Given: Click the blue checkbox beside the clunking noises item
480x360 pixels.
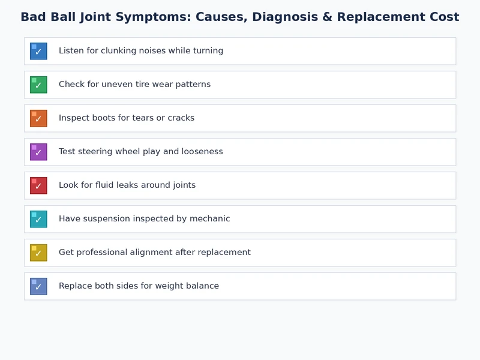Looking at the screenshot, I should (38, 51).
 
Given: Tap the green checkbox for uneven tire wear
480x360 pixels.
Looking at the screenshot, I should (38, 85).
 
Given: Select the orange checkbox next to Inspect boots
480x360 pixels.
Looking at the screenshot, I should (38, 118).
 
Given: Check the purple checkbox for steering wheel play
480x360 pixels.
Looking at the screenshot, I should (38, 152).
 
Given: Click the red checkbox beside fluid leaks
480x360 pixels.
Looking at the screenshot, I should (38, 185).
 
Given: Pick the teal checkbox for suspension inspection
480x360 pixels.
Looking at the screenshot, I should (38, 219).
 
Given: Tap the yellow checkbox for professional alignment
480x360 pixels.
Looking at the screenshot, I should (38, 253).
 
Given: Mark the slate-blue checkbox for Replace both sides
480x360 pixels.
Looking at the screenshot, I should (38, 286).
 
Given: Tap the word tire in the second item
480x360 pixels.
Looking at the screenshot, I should (143, 85).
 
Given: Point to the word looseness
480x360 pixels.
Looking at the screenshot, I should (201, 152).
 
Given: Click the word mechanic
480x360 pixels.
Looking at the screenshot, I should (209, 219).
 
